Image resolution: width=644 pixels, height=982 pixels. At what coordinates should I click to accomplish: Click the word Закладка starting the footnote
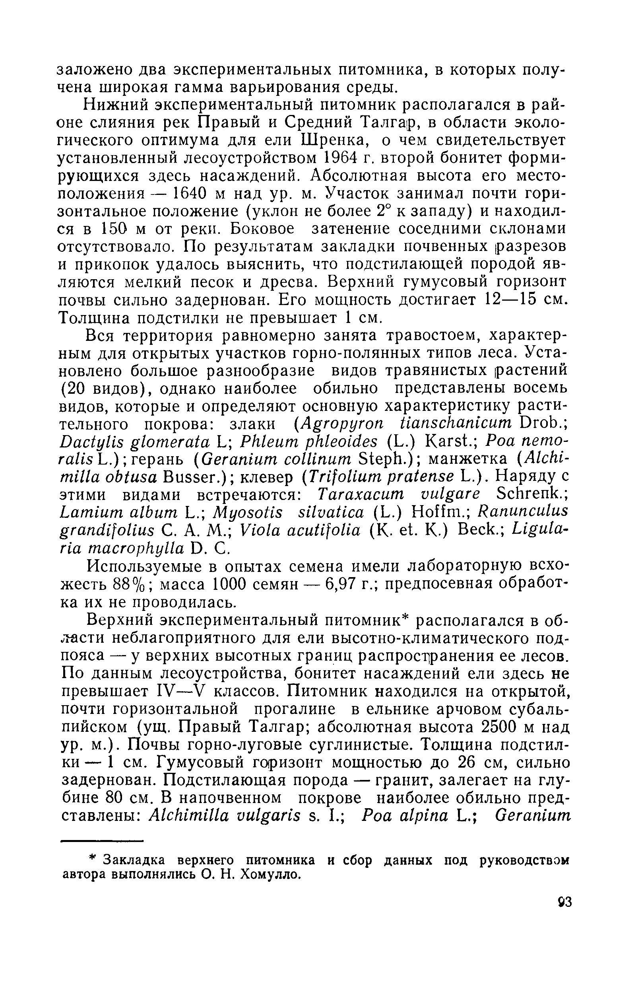coord(134,860)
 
